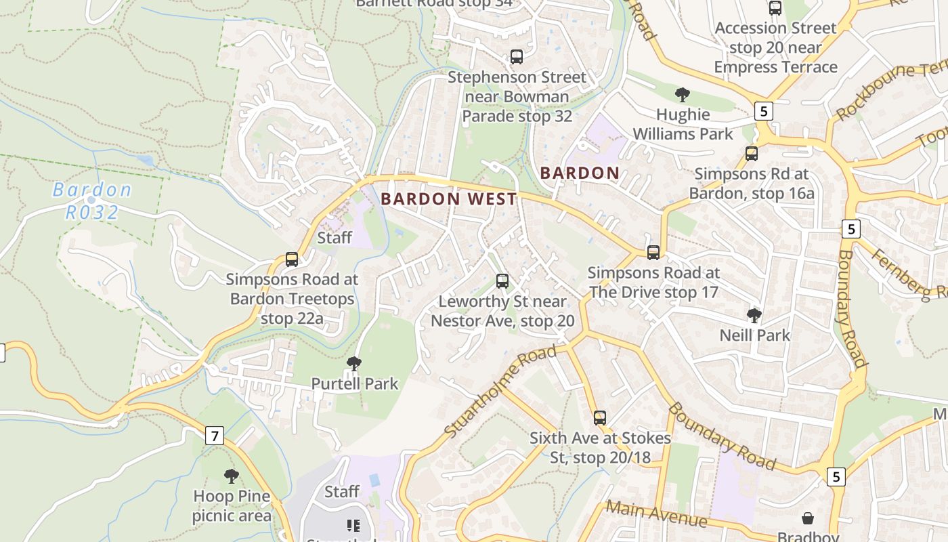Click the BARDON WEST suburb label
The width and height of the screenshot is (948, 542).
[449, 199]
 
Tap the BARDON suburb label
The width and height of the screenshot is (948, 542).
[580, 173]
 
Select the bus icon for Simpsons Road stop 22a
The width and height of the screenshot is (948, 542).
[292, 259]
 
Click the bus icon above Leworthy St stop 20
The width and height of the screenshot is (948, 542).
[502, 280]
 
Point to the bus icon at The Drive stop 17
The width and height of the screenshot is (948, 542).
[653, 253]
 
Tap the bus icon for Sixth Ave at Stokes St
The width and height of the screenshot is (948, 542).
[600, 417]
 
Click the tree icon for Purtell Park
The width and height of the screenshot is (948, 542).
[353, 364]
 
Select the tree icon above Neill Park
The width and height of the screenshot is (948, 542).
[754, 315]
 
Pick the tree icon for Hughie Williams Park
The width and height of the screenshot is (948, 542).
[683, 94]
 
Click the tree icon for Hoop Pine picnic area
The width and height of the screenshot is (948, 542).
[232, 476]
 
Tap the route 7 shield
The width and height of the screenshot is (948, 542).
[215, 436]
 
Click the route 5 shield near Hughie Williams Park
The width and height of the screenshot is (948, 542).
[764, 111]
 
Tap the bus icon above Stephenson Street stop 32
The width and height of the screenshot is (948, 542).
[517, 57]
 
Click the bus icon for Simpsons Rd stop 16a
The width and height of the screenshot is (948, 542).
[752, 153]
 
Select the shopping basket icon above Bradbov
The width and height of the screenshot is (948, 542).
[808, 518]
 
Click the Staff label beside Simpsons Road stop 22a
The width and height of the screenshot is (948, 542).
[335, 237]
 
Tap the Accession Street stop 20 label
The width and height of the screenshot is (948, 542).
[776, 47]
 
